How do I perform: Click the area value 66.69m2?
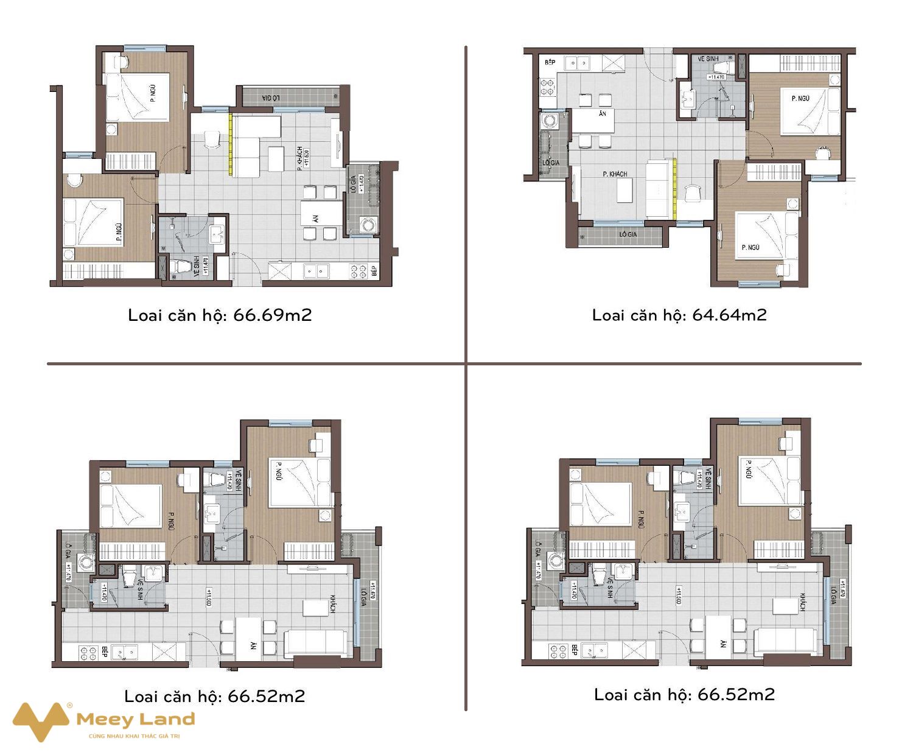[272, 315]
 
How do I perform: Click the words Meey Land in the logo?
[135, 720]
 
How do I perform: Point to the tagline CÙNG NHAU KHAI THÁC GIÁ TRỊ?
[135, 736]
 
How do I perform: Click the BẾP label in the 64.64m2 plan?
[550, 62]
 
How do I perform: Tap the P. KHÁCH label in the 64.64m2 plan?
[615, 174]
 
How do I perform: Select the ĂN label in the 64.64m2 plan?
[602, 114]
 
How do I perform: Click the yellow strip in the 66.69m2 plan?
[231, 144]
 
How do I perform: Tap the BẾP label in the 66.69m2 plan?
[374, 271]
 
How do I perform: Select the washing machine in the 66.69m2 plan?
[368, 225]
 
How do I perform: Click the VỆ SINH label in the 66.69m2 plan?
[196, 266]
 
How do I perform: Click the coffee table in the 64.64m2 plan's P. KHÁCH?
[625, 190]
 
